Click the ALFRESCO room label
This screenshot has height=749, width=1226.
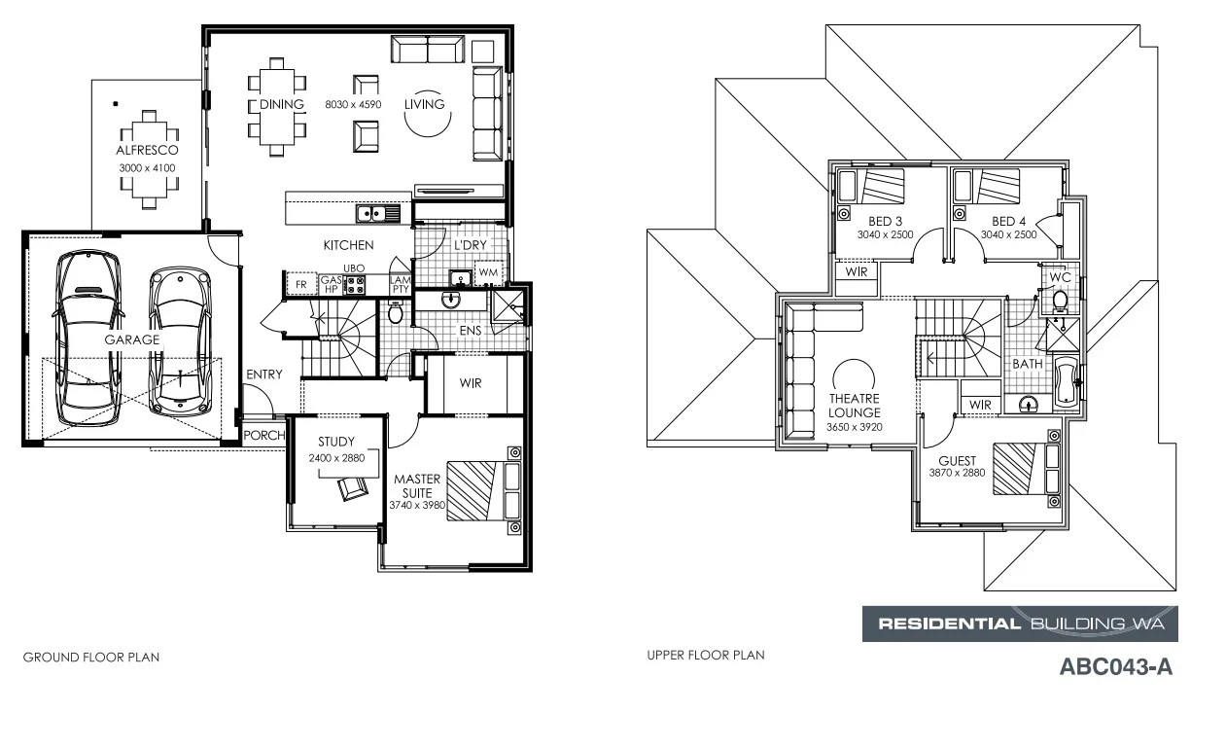147,151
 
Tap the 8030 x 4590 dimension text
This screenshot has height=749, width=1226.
352,104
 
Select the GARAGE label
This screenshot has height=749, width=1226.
132,339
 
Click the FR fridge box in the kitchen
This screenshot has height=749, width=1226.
300,284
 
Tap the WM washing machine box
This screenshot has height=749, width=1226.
488,272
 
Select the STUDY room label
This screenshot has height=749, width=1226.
335,442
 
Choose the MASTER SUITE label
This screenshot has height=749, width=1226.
417,485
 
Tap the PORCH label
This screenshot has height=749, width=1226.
263,435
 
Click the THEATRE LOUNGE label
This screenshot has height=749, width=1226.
855,406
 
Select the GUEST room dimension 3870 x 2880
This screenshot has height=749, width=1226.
958,473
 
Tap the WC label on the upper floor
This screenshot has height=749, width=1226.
1060,278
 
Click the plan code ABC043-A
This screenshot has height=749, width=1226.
1114,668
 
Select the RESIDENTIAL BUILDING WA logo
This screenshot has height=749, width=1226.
1020,624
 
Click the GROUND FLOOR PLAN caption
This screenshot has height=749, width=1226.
90,658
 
